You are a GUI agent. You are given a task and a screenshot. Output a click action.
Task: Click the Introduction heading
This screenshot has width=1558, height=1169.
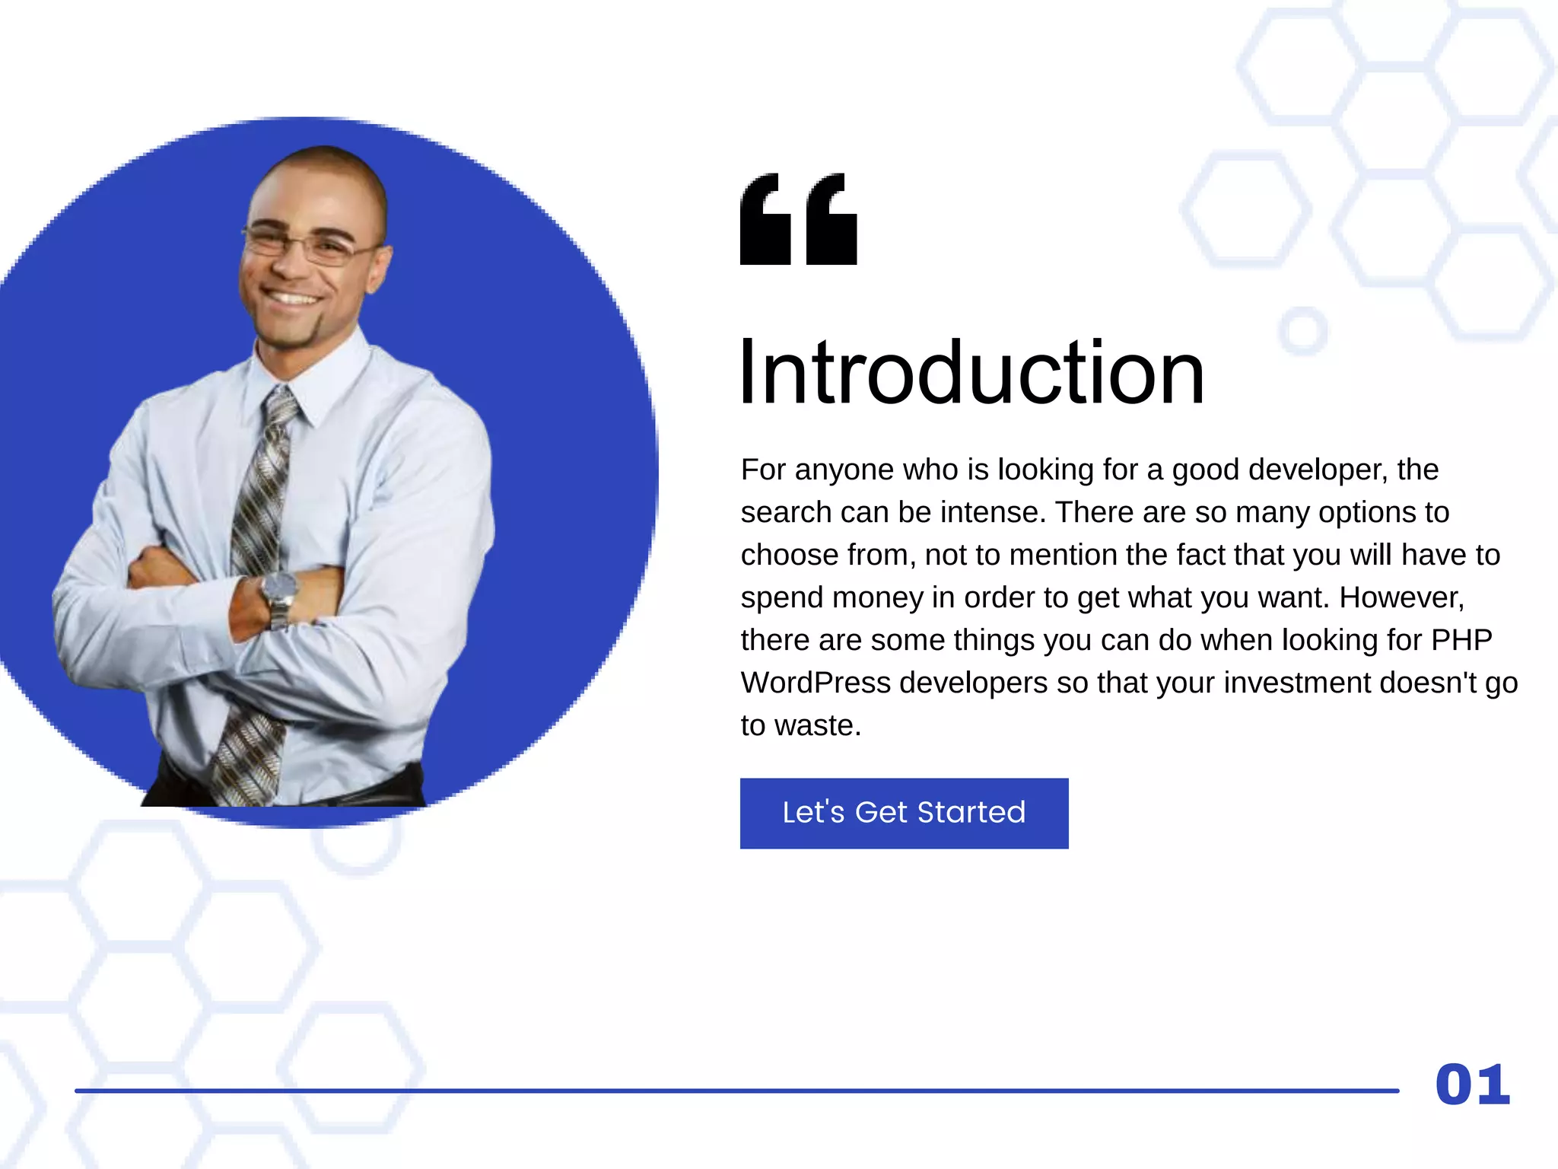[x=971, y=373]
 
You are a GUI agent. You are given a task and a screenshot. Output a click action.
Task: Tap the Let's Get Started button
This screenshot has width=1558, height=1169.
[x=904, y=813]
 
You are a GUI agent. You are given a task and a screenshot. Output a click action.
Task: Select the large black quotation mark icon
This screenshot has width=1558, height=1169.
[x=798, y=219]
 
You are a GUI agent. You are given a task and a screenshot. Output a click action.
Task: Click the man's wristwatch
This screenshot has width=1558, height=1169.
[x=278, y=591]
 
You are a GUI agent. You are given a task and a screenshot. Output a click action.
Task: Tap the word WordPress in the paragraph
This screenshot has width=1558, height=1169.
[x=816, y=683]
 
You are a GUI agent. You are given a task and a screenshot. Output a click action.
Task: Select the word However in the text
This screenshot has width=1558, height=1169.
[x=1400, y=597]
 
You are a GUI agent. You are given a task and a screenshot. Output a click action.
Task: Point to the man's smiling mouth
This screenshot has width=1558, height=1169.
[x=291, y=297]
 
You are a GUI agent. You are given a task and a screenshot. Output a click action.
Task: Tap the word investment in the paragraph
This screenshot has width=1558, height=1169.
[x=1297, y=683]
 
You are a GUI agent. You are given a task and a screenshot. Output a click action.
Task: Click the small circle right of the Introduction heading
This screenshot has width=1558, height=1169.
[x=1303, y=331]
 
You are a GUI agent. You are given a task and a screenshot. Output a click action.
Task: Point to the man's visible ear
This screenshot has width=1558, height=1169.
[x=378, y=266]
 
